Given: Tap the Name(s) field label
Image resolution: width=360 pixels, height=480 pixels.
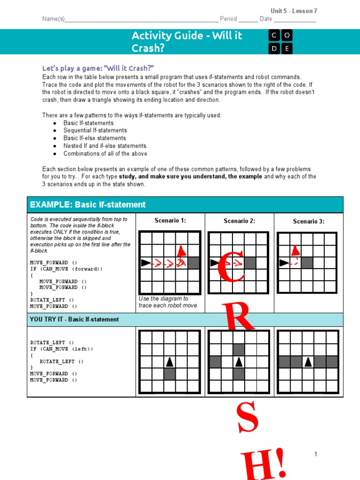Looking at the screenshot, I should (53, 19).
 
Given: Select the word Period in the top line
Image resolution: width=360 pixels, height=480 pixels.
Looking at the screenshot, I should (228, 19).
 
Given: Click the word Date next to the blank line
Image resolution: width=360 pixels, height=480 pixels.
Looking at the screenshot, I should (266, 19).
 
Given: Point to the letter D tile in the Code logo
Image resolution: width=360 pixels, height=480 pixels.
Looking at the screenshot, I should (274, 48).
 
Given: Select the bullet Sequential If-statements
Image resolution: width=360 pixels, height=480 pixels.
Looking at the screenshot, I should (95, 130).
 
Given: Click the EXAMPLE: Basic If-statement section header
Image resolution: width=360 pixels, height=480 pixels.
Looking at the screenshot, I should (88, 204).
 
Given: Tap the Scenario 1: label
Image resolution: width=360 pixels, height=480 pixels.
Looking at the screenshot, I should (170, 220).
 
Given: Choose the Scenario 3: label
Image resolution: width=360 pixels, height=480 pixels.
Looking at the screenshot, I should (308, 221).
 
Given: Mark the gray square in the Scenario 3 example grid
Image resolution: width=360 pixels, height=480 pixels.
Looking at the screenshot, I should (307, 262).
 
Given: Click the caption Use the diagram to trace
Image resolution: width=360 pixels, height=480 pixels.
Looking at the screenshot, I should (168, 302).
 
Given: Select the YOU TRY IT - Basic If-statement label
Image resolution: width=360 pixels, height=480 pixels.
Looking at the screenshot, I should (75, 319).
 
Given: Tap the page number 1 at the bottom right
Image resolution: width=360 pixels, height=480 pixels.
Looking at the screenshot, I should (316, 454).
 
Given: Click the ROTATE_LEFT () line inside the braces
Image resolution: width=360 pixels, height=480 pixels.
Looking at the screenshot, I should (61, 361).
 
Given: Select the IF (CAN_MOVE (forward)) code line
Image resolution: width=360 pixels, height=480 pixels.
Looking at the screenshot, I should (66, 269).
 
